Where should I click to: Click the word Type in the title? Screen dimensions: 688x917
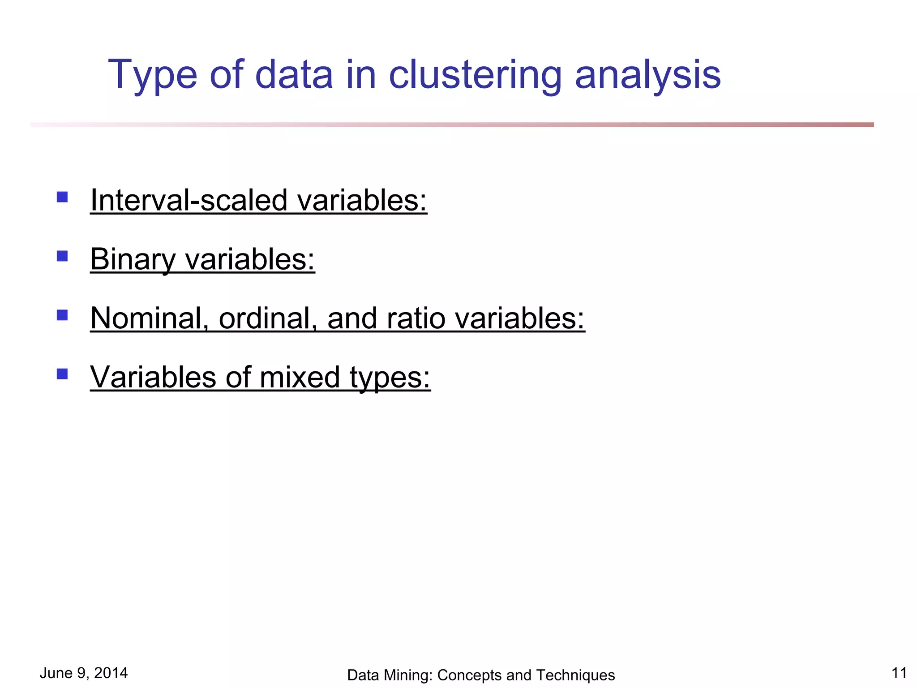point(152,75)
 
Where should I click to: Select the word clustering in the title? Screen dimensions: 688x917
point(475,75)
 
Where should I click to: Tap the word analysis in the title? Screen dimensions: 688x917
point(647,75)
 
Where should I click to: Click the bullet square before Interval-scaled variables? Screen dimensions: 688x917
point(62,197)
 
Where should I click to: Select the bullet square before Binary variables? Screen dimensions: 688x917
point(62,256)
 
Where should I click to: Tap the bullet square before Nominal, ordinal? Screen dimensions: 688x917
point(62,315)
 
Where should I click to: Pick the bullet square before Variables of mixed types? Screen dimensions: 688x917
point(62,374)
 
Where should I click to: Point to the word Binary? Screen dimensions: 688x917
point(133,259)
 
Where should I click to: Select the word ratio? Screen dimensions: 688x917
point(416,318)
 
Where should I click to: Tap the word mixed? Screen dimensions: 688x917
point(300,377)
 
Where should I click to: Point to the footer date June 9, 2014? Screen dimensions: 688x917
point(84,673)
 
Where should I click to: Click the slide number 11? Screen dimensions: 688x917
point(899,673)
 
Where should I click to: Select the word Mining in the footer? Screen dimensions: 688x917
point(406,675)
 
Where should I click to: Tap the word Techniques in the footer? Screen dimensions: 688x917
point(575,675)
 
